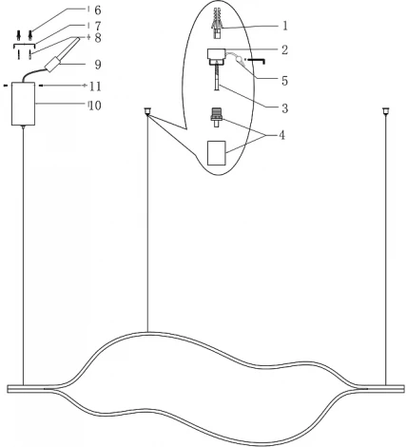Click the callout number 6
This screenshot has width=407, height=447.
point(96,10)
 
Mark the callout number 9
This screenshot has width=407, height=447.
point(95,66)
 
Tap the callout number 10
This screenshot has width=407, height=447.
point(95,106)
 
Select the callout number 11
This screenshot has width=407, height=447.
point(95,87)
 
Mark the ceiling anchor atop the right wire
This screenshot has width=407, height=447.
point(386,111)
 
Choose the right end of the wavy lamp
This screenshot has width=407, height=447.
point(397,388)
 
